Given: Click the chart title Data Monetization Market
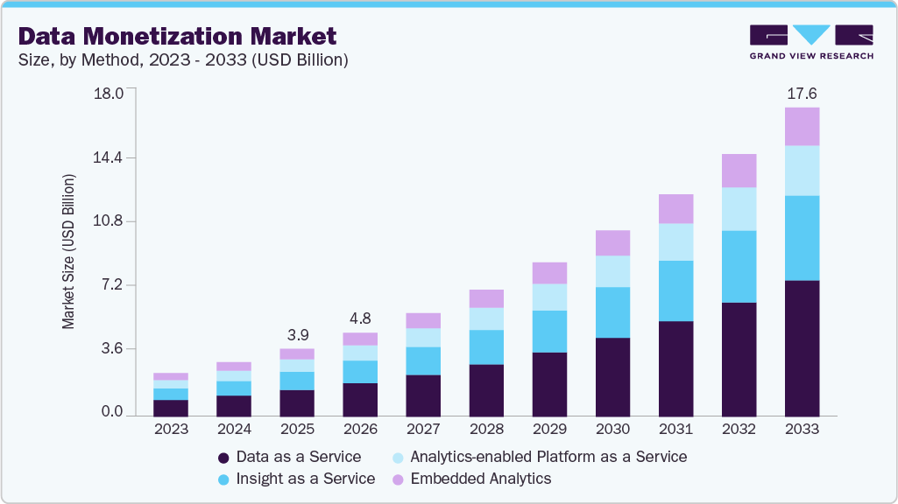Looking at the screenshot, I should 177,36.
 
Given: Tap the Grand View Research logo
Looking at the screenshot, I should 811,42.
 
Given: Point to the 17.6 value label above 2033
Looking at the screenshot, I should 802,94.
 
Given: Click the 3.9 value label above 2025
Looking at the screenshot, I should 297,335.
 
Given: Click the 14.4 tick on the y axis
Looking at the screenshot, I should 110,158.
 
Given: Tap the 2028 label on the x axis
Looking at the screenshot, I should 486,430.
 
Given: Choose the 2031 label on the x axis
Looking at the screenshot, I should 675,430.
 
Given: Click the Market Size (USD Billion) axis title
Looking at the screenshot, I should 68,252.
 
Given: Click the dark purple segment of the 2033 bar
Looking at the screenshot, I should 802,348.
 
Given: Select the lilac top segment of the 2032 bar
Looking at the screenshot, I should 739,171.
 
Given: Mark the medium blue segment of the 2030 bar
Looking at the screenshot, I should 612,312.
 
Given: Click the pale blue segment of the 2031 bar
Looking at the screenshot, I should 675,241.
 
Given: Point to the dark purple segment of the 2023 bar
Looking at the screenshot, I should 171,408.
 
